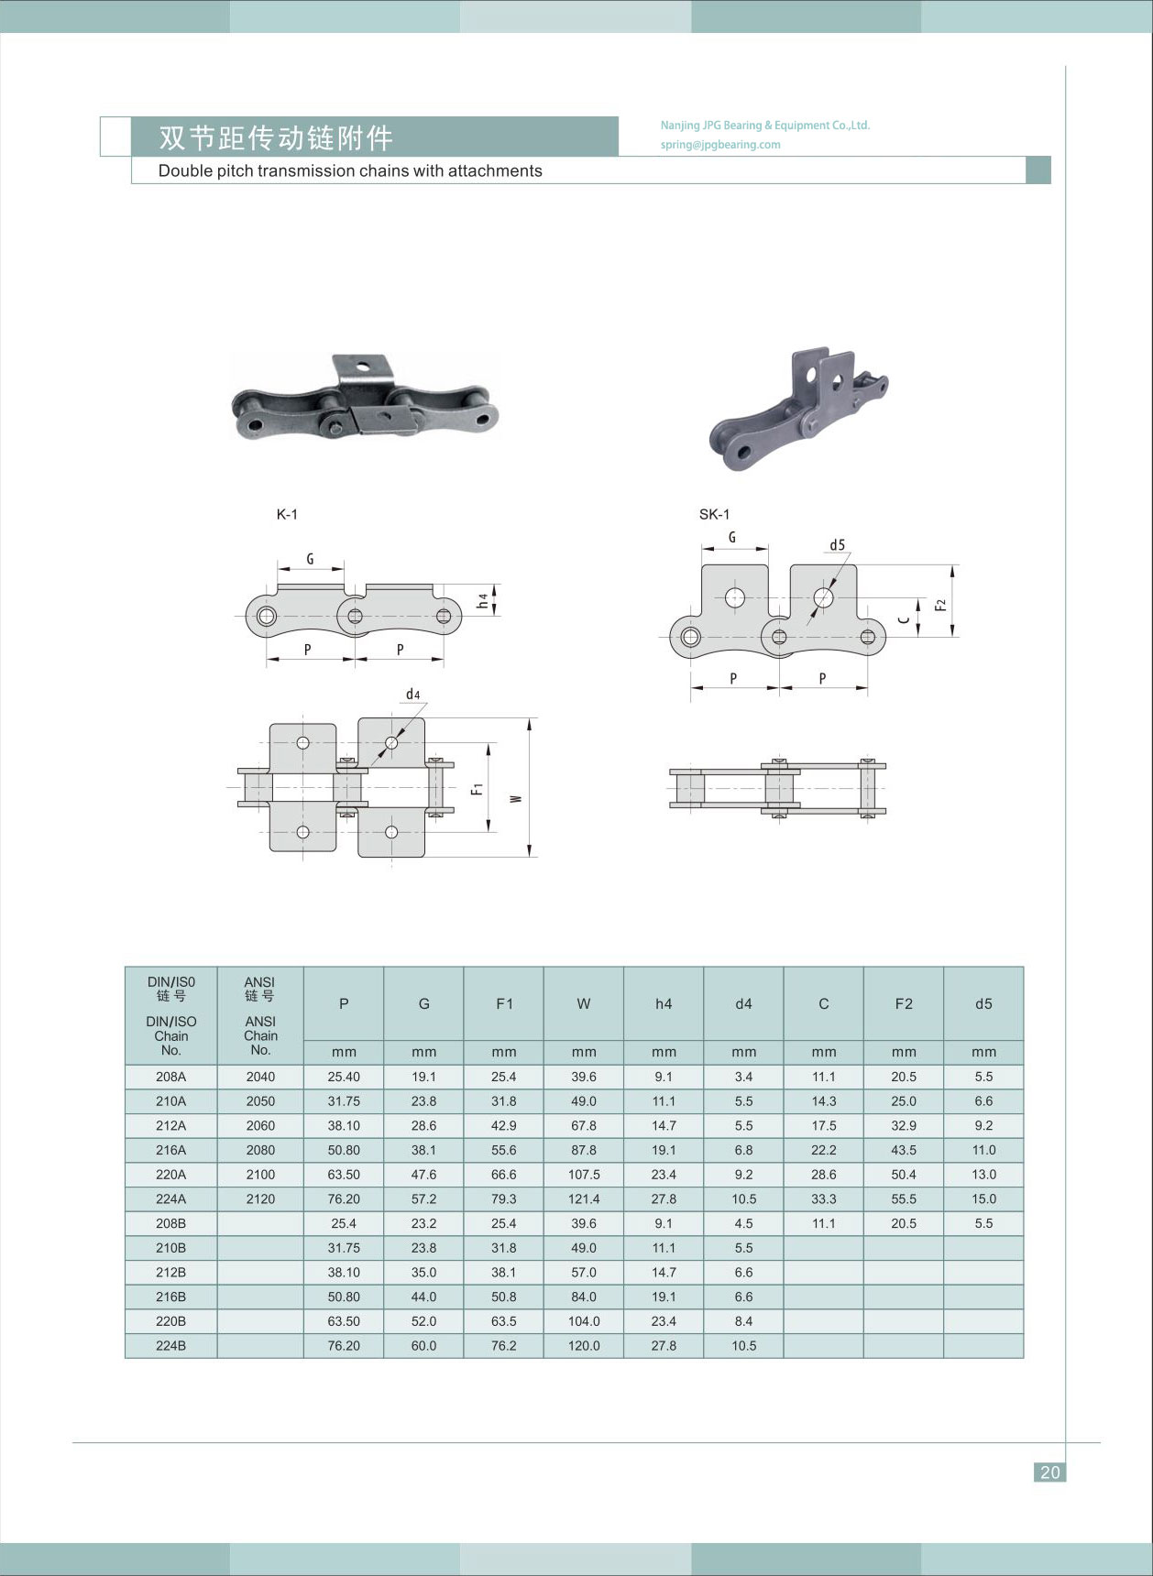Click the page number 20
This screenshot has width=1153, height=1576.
[x=1049, y=1472]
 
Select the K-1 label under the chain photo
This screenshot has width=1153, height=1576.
[x=287, y=515]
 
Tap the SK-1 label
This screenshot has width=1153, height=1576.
[x=714, y=514]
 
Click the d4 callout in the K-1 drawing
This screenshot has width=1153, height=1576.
[x=413, y=695]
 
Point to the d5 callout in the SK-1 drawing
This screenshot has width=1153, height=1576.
[x=837, y=545]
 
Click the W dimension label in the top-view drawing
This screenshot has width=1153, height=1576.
[x=516, y=797]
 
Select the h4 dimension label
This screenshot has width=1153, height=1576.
[x=482, y=600]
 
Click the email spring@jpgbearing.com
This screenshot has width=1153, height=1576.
[x=719, y=145]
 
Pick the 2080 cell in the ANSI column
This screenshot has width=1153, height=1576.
[x=260, y=1150]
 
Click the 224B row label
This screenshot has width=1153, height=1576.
[x=170, y=1346]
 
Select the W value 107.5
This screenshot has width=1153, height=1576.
[x=584, y=1175]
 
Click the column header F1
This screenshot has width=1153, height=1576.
[x=504, y=1003]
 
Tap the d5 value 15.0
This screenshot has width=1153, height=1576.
[x=983, y=1198]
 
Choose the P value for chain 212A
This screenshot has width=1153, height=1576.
[x=344, y=1125]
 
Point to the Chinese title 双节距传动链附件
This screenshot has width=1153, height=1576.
[x=276, y=137]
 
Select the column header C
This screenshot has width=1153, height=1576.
[x=823, y=1003]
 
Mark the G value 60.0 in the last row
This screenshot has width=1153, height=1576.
[x=423, y=1346]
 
